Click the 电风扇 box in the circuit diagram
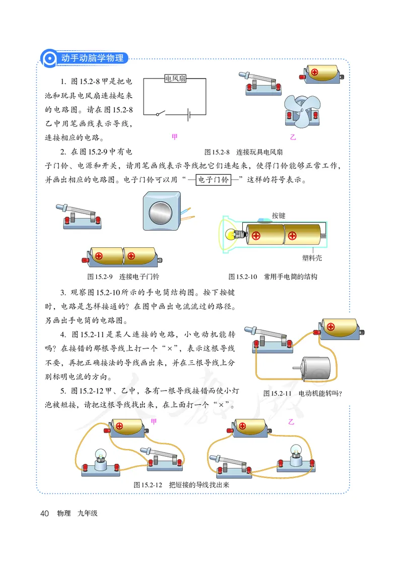(x=175, y=79)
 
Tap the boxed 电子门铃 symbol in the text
(x=212, y=180)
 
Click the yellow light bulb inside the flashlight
(x=231, y=235)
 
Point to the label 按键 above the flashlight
(x=278, y=215)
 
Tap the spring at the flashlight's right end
(x=323, y=235)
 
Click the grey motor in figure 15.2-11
(x=314, y=368)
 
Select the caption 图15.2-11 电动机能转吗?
(x=303, y=393)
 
